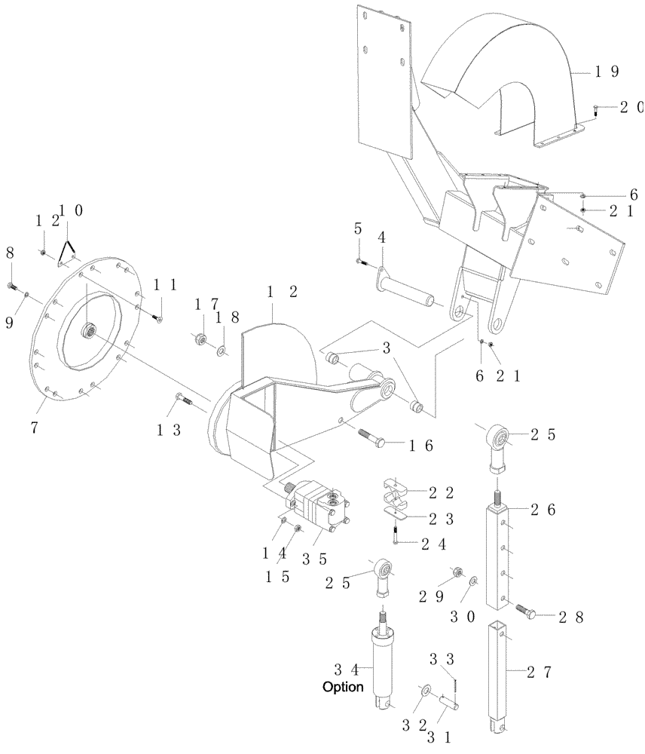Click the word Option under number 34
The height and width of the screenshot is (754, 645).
tap(343, 688)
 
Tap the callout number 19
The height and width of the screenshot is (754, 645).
tap(607, 72)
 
